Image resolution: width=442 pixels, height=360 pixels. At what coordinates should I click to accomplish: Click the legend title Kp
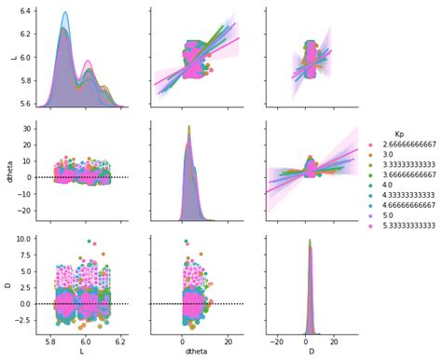tap(399, 134)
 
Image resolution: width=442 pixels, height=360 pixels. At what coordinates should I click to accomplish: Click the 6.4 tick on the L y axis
tap(26, 11)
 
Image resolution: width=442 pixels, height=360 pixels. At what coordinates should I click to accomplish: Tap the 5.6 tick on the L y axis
tap(26, 104)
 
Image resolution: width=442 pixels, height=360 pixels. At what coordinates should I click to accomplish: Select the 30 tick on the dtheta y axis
tap(27, 129)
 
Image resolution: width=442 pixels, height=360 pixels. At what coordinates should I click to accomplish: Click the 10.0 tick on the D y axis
tap(24, 239)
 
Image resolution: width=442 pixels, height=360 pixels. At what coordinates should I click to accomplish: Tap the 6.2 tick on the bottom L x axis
tap(120, 342)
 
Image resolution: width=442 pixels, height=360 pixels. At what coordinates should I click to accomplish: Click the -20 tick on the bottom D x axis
tap(277, 342)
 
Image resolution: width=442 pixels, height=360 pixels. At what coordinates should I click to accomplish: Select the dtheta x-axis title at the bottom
tap(197, 352)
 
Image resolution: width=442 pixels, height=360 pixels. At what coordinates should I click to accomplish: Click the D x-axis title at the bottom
tap(311, 352)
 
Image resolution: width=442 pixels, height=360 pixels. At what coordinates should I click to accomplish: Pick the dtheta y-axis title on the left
tap(9, 172)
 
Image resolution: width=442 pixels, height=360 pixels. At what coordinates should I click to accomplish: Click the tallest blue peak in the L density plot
tap(65, 12)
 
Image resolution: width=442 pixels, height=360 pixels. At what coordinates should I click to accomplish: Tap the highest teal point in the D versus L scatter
tap(90, 242)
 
